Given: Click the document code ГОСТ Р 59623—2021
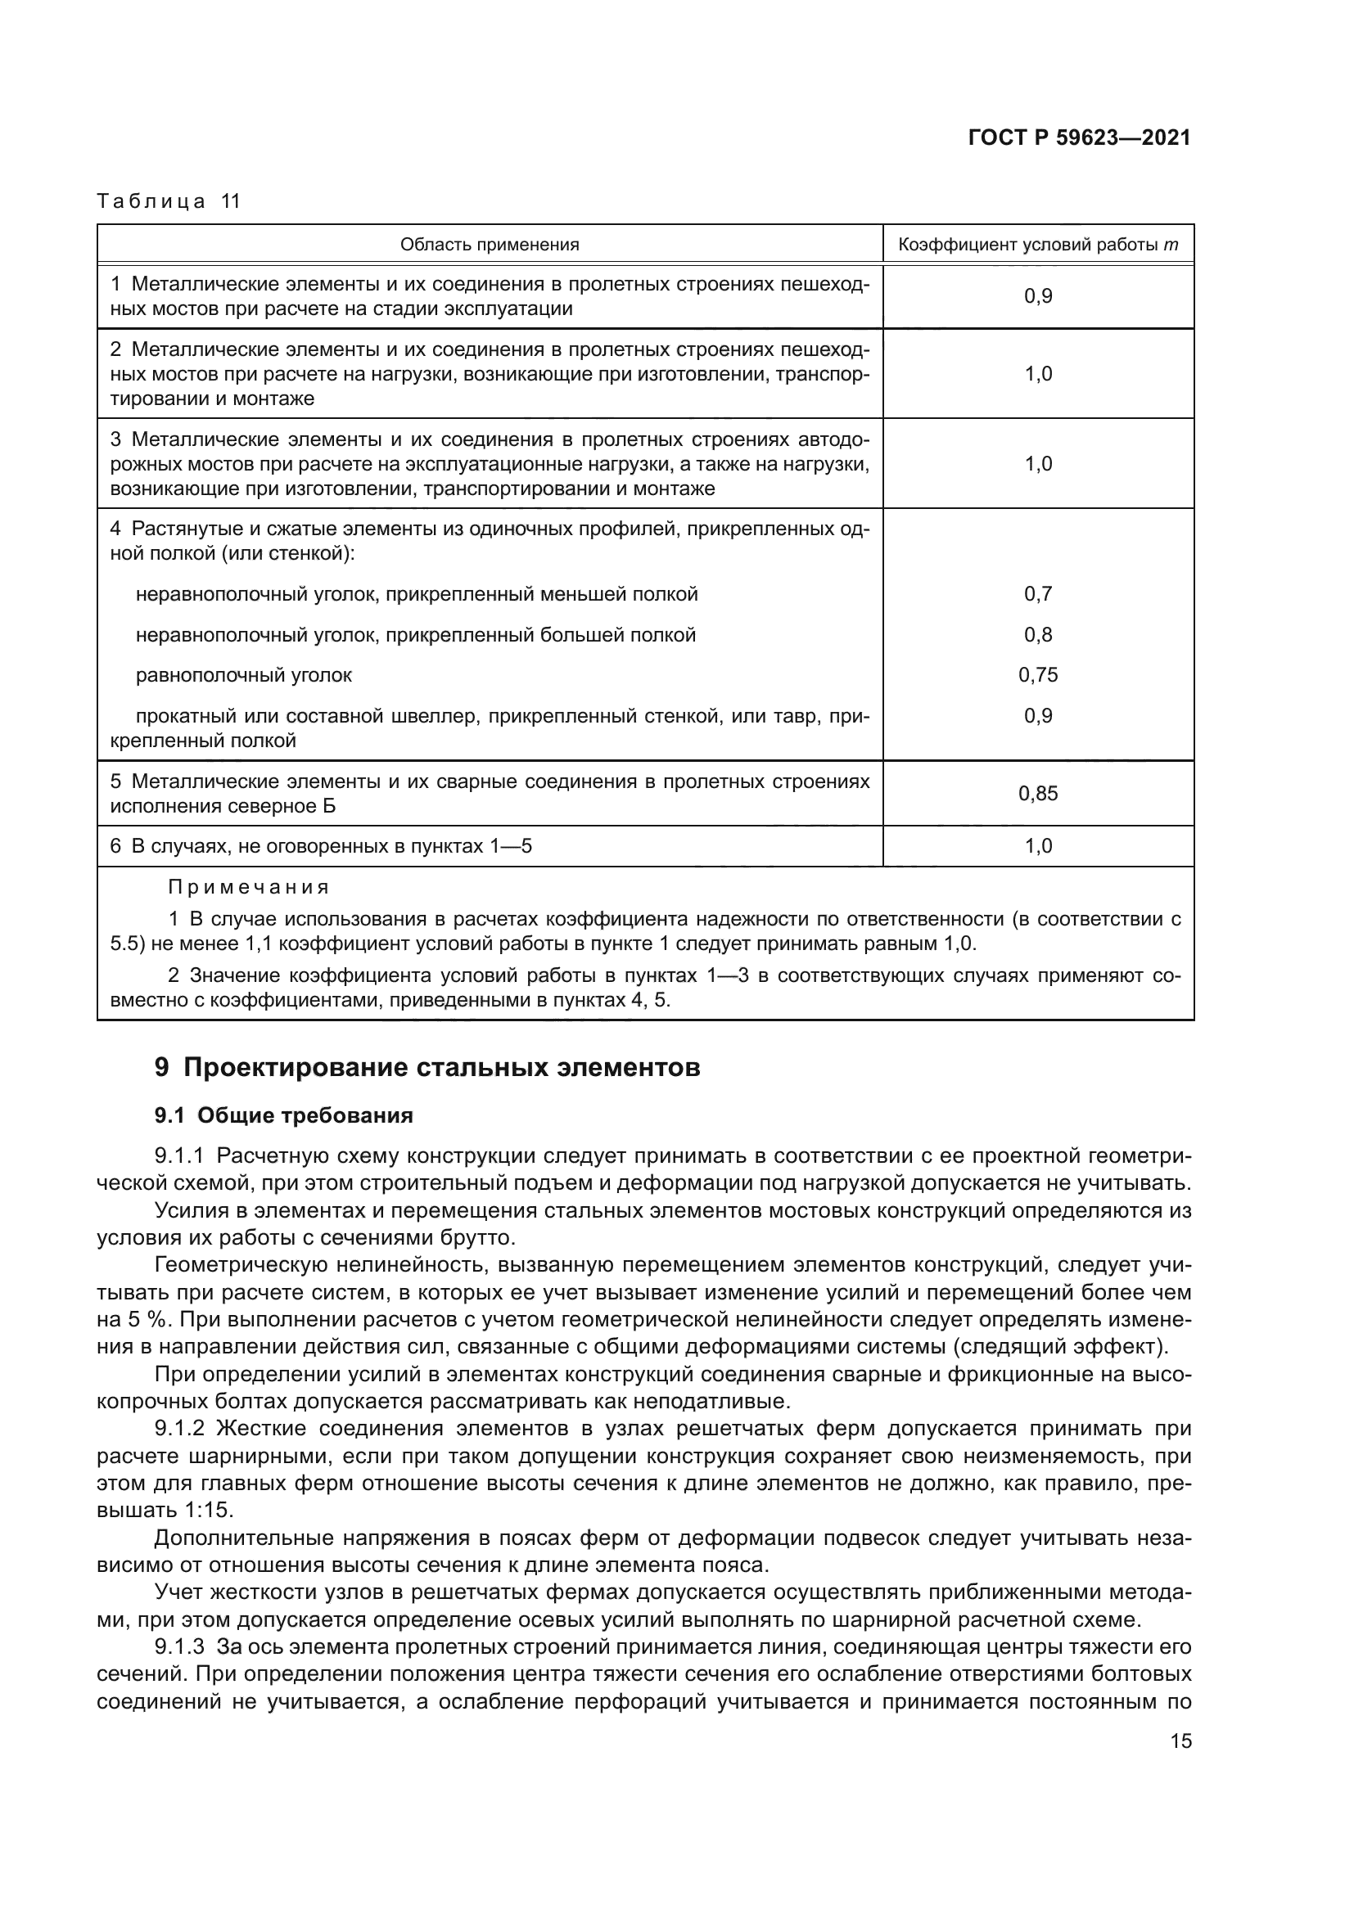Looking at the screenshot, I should pyautogui.click(x=1079, y=138).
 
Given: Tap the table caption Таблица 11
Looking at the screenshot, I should pyautogui.click(x=169, y=202).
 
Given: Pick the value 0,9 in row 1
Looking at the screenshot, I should pyautogui.click(x=1038, y=296).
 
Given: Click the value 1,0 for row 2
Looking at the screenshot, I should pyautogui.click(x=1038, y=373).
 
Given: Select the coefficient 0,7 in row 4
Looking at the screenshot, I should pyautogui.click(x=1038, y=593).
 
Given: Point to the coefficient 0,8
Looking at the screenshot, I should pyautogui.click(x=1038, y=634).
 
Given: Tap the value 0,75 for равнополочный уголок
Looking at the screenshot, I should pyautogui.click(x=1038, y=674).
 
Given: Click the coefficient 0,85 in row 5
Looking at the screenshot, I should pyautogui.click(x=1038, y=793).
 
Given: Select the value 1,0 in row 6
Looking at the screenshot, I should pyautogui.click(x=1038, y=846).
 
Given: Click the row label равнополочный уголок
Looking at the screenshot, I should pyautogui.click(x=243, y=675).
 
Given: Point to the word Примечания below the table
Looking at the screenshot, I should pyautogui.click(x=249, y=887).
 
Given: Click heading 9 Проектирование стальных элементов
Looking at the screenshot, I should pyautogui.click(x=427, y=1068).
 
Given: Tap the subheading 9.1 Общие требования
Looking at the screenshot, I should pyautogui.click(x=283, y=1115).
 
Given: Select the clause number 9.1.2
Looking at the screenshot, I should pyautogui.click(x=179, y=1429).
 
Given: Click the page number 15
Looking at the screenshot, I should pyautogui.click(x=1180, y=1741).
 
